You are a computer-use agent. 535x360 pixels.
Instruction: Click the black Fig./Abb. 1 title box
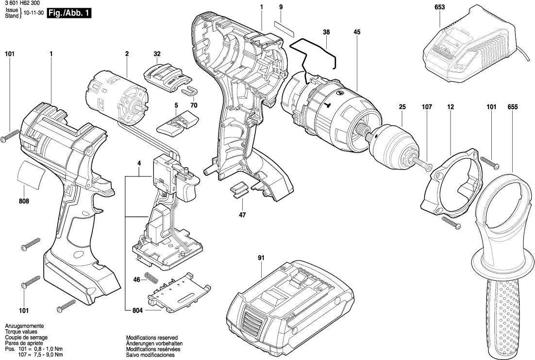[68, 14]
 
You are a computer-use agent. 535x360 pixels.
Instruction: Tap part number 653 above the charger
[440, 7]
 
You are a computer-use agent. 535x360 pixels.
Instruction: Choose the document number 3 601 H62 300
[23, 3]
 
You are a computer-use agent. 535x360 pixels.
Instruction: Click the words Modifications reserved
[151, 337]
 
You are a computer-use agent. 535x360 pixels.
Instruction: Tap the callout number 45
[357, 32]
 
